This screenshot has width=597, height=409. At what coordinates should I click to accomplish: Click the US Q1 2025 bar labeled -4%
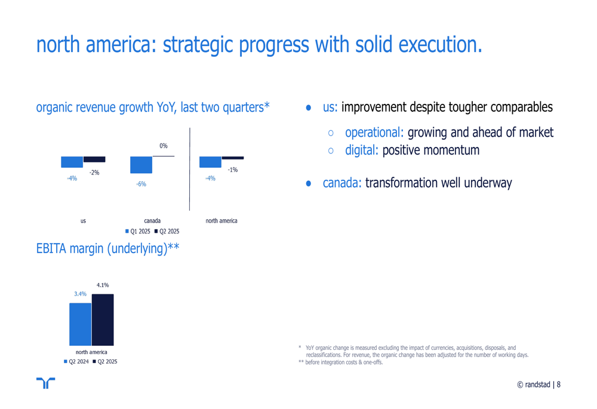tap(72, 162)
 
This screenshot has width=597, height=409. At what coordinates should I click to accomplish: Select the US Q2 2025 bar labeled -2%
tap(94, 159)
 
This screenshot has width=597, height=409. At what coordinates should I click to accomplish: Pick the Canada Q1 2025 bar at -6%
tap(141, 165)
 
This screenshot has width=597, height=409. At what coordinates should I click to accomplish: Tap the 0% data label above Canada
tap(164, 146)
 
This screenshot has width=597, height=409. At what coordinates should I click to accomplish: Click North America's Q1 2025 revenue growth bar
tap(210, 162)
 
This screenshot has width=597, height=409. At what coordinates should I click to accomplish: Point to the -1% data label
tap(233, 170)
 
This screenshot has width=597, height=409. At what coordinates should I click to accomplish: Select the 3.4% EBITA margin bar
tap(81, 324)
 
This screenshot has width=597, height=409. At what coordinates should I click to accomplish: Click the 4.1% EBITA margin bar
tap(103, 320)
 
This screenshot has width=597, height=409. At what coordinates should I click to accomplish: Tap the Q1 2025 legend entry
tap(138, 231)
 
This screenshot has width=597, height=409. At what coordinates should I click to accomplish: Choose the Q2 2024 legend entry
tap(76, 361)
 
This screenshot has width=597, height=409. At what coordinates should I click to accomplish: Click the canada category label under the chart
tap(152, 220)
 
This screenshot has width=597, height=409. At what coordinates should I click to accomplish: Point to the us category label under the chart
tap(83, 220)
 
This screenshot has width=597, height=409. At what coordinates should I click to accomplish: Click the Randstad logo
tap(46, 383)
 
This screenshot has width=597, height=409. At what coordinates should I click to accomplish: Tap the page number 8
tap(559, 385)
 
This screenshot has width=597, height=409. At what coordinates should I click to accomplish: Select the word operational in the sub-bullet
tap(374, 133)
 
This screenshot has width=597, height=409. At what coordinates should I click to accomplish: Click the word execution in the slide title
tap(440, 45)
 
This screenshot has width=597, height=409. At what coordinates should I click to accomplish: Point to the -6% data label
tap(141, 184)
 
